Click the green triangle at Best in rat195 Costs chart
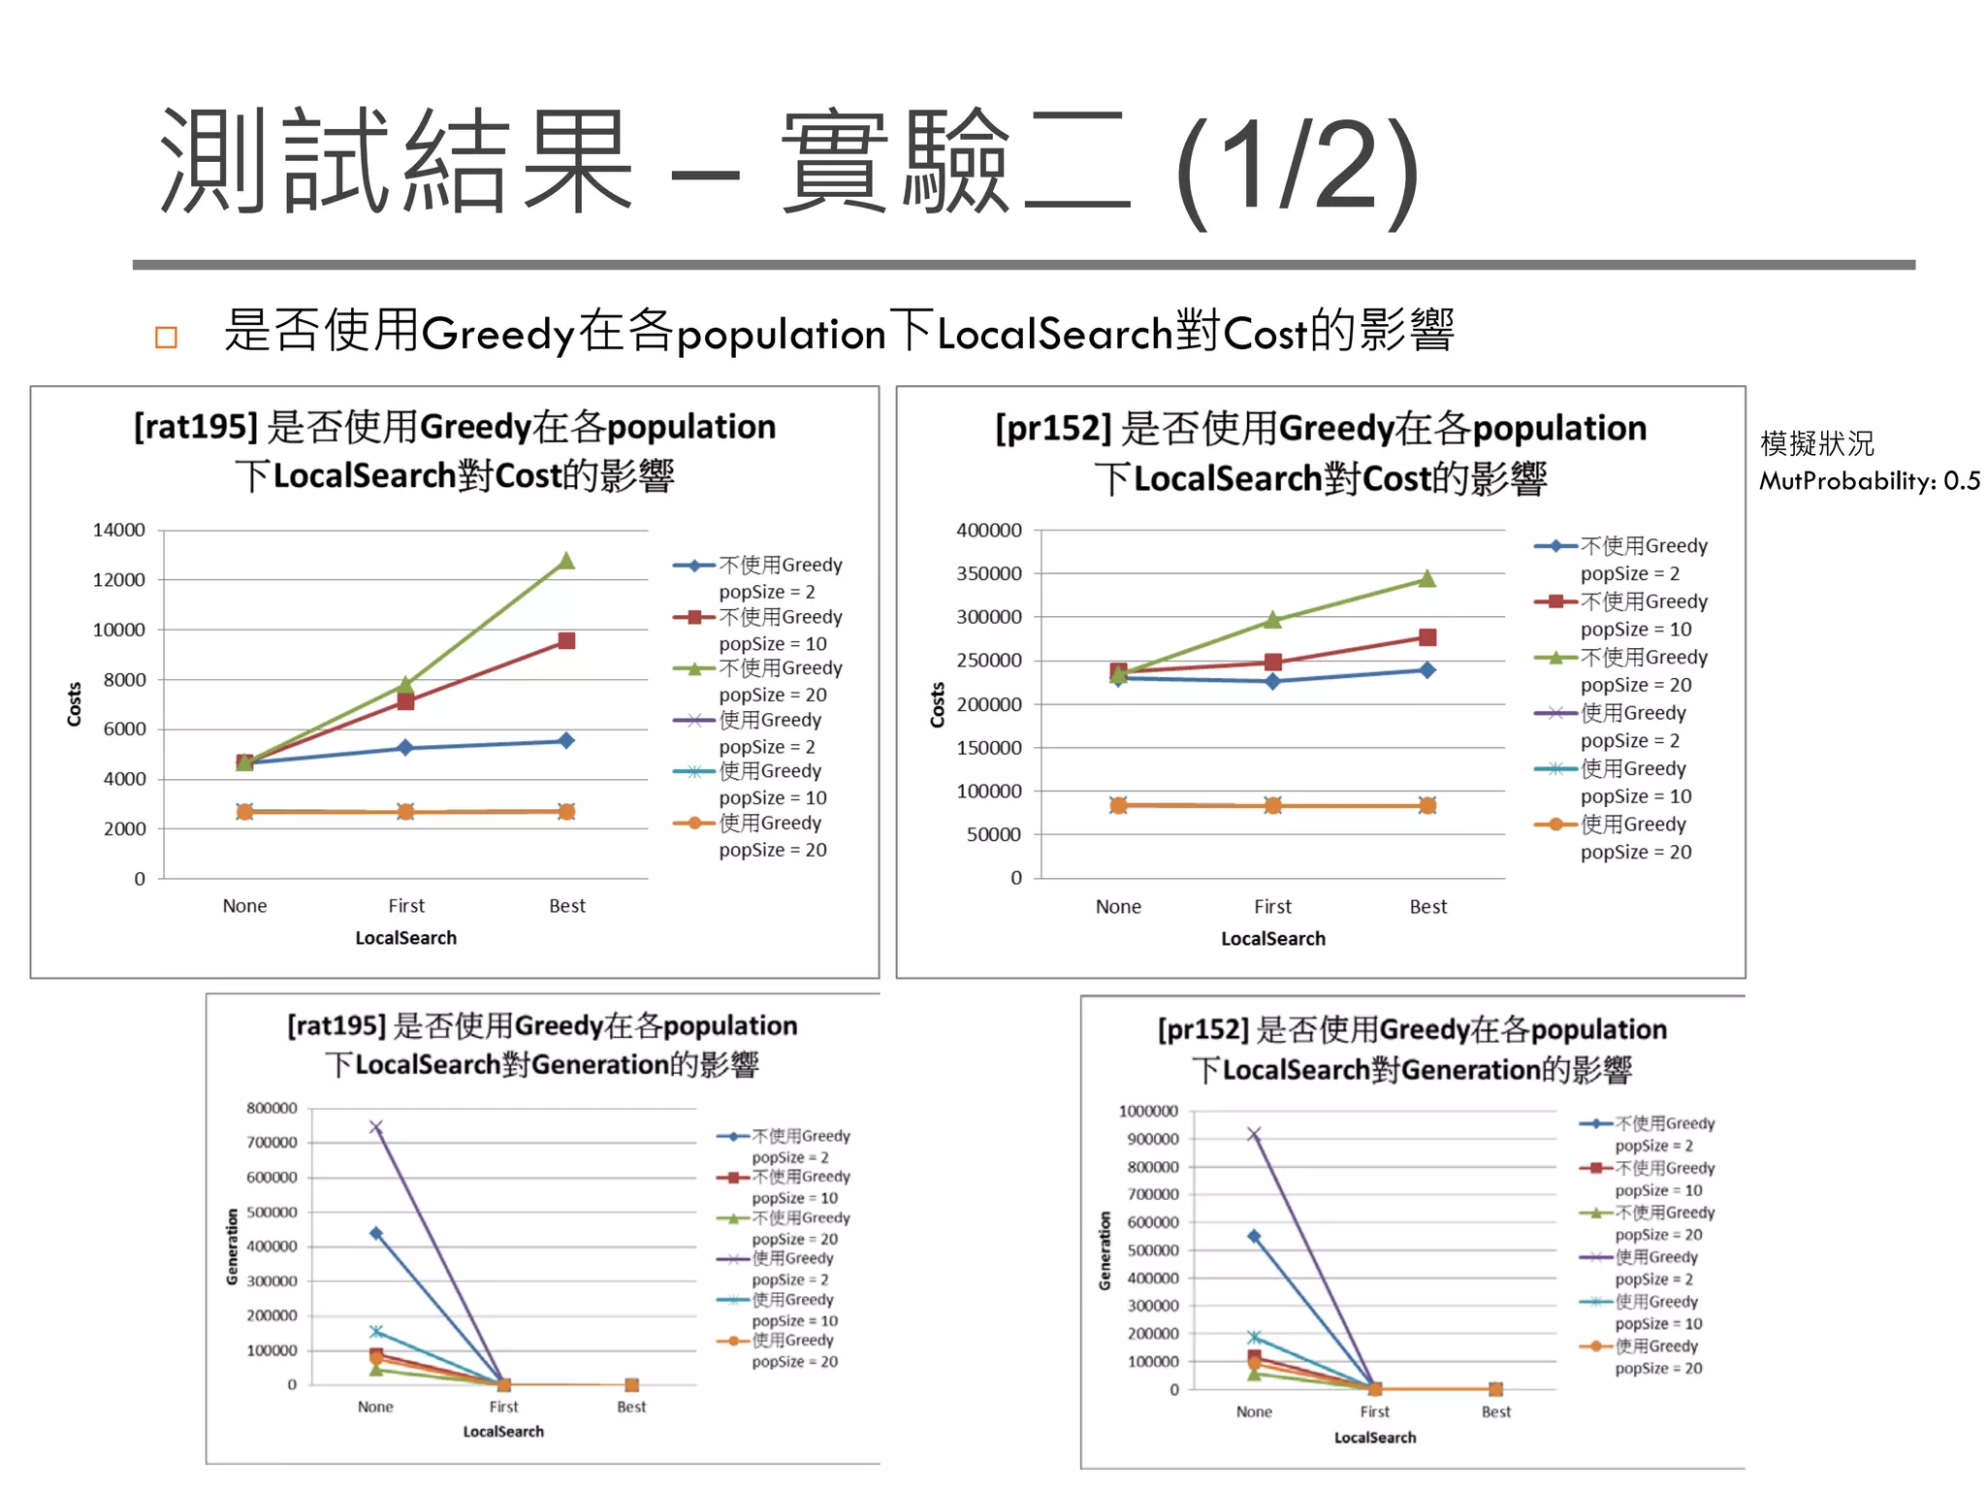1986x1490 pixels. coord(566,562)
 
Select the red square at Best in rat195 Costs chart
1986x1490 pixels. coord(566,641)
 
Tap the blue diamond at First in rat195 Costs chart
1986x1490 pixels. coord(405,748)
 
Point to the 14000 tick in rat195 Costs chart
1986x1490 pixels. coord(118,530)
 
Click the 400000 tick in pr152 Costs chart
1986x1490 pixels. coord(988,530)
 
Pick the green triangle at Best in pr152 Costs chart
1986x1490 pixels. coord(1427,579)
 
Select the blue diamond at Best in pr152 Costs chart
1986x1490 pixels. coord(1427,669)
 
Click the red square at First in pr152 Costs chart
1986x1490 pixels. coord(1273,662)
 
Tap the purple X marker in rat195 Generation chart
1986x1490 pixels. coord(376,1127)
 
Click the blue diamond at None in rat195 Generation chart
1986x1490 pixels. coord(376,1233)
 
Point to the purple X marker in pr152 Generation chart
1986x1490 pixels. coord(1254,1134)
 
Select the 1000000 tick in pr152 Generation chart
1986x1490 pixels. coord(1148,1111)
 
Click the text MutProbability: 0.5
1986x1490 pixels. coord(1870,481)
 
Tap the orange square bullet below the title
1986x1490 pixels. coord(166,337)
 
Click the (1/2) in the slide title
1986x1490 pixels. coord(1297,170)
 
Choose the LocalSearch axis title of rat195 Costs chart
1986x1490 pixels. coord(405,938)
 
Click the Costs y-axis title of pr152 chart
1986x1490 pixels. coord(938,704)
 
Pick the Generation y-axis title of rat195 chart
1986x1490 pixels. coord(232,1247)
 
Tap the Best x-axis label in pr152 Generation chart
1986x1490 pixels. coord(1495,1411)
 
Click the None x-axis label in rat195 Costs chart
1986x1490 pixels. coord(244,906)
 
